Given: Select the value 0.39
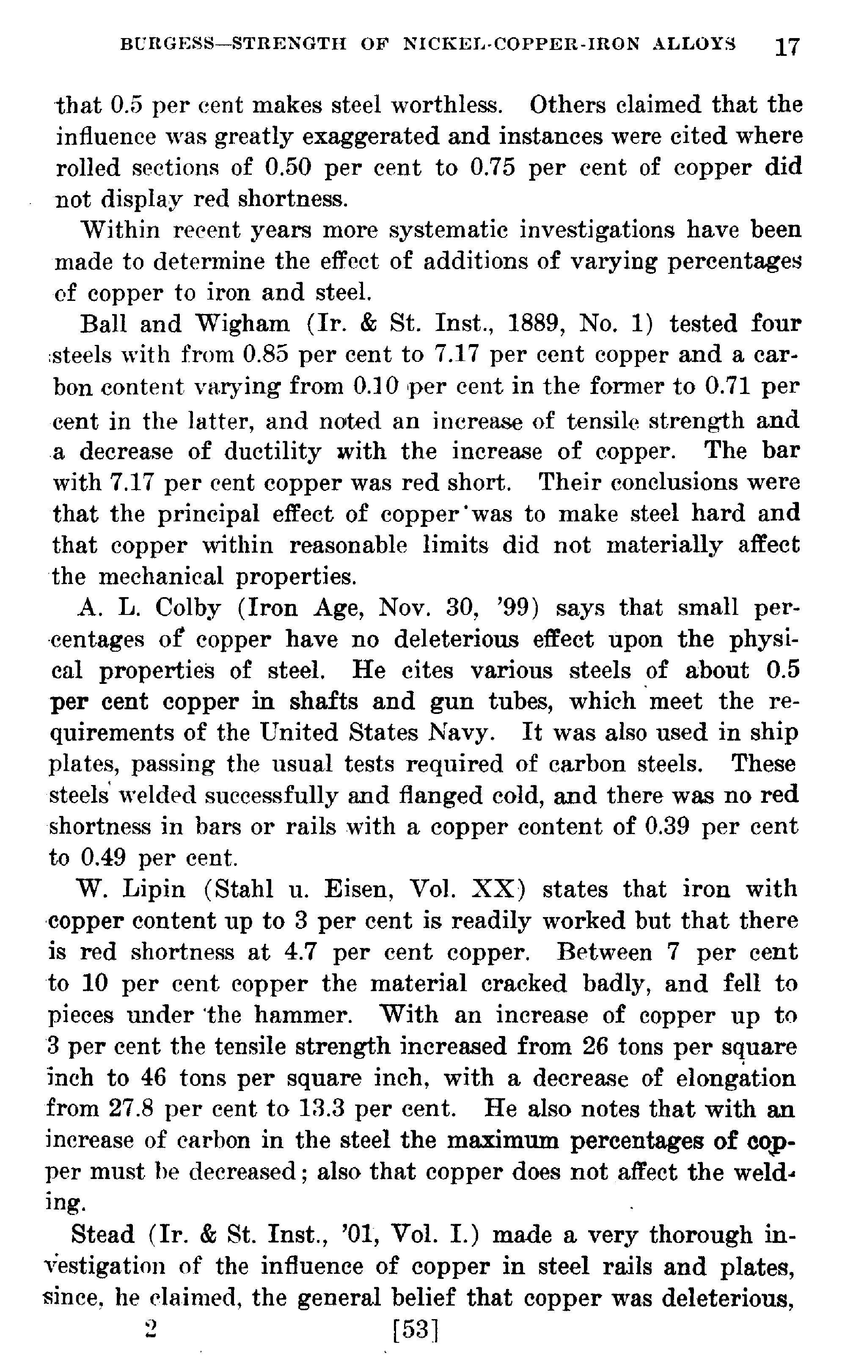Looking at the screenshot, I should pos(667,827).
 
